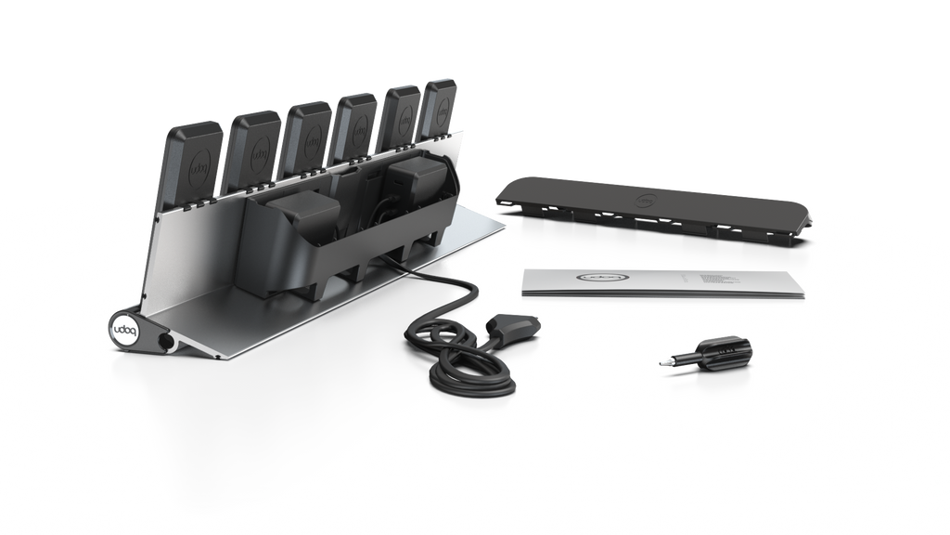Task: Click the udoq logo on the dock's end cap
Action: coord(123,330)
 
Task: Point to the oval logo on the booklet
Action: coord(604,277)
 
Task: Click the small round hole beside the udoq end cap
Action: coord(167,343)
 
